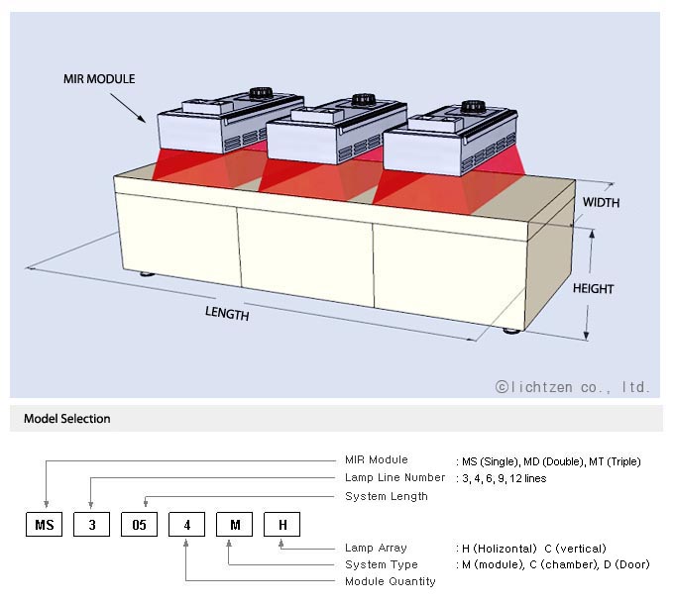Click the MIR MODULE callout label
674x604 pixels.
99,78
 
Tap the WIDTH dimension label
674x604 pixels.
601,203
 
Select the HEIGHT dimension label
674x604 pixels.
593,289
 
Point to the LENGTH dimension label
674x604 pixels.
227,314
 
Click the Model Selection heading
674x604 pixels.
67,419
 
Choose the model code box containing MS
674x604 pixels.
44,524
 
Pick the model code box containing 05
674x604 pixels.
139,524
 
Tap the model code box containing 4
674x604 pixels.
186,524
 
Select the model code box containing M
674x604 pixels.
234,524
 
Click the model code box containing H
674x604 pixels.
281,524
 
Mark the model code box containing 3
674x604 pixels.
91,524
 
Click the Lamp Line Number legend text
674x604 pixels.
395,478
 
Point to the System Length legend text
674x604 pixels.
387,496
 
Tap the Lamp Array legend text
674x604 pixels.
376,548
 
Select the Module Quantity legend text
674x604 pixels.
391,581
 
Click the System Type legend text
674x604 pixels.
381,564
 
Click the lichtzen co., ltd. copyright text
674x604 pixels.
573,387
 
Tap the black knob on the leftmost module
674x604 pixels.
261,93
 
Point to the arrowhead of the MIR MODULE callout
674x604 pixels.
144,120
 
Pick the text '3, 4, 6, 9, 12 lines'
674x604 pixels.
503,478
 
